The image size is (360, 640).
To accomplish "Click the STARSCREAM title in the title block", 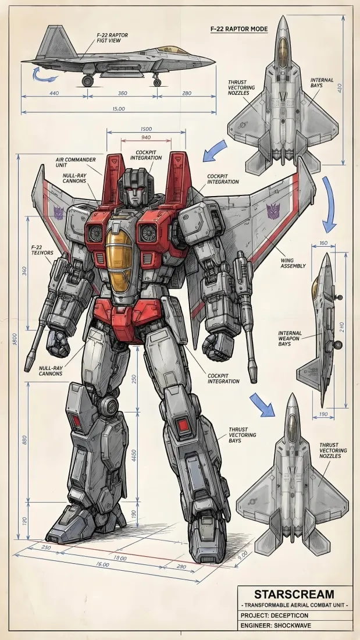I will (294, 594).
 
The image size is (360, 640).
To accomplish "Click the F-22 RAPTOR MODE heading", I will (238, 28).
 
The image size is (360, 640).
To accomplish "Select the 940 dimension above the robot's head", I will (147, 137).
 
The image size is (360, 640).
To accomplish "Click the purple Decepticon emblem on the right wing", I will (272, 211).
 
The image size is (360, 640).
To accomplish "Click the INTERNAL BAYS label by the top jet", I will (322, 83).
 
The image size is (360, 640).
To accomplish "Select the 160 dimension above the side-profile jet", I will (324, 244).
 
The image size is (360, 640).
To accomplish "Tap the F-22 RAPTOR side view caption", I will (113, 38).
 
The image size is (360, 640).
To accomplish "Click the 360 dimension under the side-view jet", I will (123, 93).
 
